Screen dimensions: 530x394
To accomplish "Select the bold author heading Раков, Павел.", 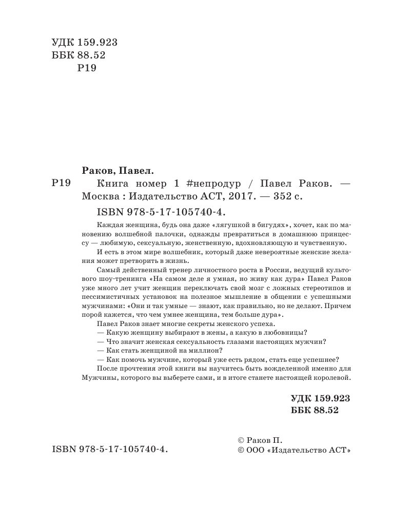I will point(119,170).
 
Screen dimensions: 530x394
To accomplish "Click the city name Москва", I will point(102,196).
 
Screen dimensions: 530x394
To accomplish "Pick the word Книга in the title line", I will point(114,184).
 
